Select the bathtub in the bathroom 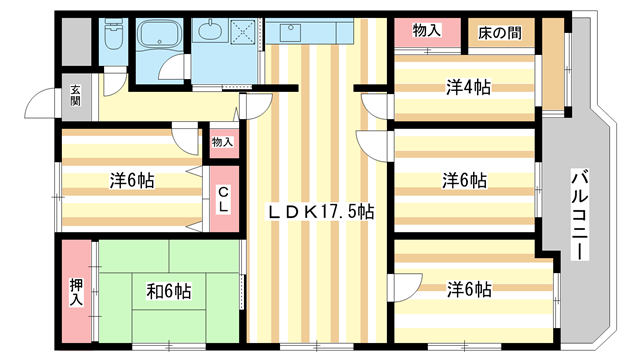(x=159, y=39)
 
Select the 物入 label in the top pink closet (x=427, y=31)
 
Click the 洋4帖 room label (x=467, y=87)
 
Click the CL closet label (x=224, y=199)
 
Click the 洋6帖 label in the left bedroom (x=132, y=181)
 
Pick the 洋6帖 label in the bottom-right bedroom (x=468, y=289)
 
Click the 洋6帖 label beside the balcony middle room (x=465, y=181)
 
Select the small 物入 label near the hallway (x=222, y=142)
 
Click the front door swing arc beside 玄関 (x=44, y=103)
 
